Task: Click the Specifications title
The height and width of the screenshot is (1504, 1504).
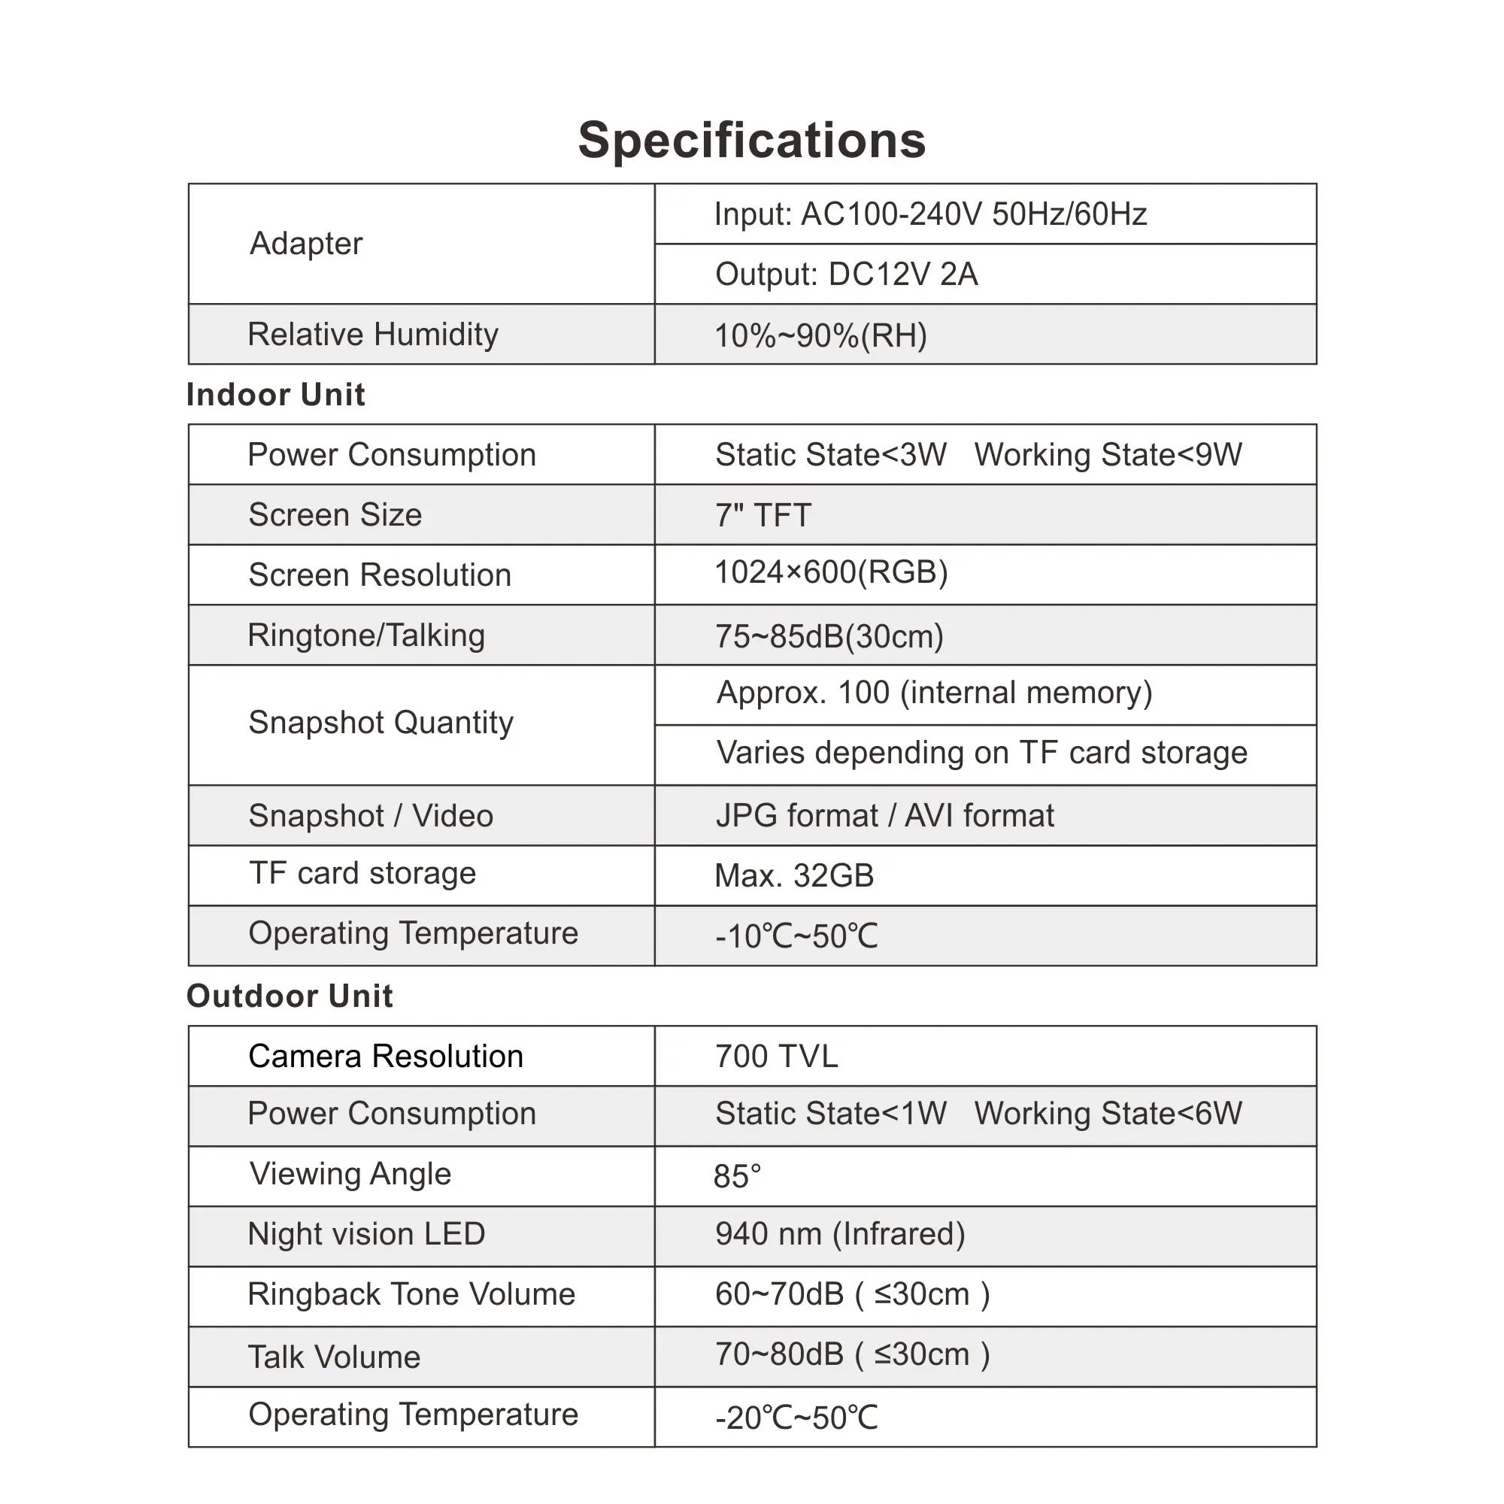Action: point(751,141)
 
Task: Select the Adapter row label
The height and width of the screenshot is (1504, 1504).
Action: point(306,244)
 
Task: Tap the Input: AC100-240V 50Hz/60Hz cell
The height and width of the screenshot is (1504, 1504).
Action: point(930,214)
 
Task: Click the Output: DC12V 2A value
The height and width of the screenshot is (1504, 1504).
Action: point(846,274)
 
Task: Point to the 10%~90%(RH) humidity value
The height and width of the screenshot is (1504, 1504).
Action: point(820,335)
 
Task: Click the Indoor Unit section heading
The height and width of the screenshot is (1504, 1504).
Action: point(275,395)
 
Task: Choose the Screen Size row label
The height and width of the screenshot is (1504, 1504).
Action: point(335,514)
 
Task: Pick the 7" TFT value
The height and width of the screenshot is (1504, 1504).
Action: point(763,515)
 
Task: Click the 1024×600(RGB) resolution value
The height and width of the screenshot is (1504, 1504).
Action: point(831,573)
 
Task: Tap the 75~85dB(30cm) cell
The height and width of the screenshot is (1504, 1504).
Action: point(829,637)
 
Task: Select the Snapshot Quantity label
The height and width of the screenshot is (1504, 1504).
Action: point(381,723)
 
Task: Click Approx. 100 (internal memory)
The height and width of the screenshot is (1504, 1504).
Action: point(934,693)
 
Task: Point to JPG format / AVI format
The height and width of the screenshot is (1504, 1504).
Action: point(884,816)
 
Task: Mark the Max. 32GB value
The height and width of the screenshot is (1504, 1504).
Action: point(794,876)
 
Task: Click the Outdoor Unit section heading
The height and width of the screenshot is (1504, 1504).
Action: point(290,996)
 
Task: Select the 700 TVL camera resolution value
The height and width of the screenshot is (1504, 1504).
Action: point(776,1057)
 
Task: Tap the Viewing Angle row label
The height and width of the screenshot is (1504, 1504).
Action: point(350,1174)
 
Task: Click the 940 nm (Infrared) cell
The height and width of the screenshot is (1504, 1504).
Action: point(840,1234)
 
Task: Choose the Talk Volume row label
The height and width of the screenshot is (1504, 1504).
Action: point(334,1357)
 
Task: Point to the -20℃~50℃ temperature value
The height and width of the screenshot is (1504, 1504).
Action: point(796,1418)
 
